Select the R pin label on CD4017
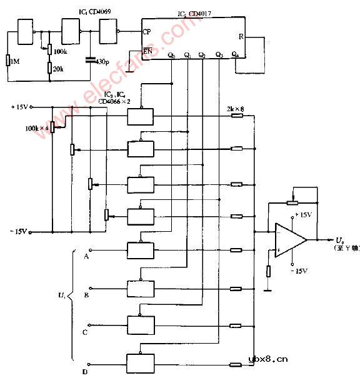pos(241,36)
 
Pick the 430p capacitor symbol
pos(91,61)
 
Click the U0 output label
pos(339,239)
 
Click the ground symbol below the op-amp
pos(269,288)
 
